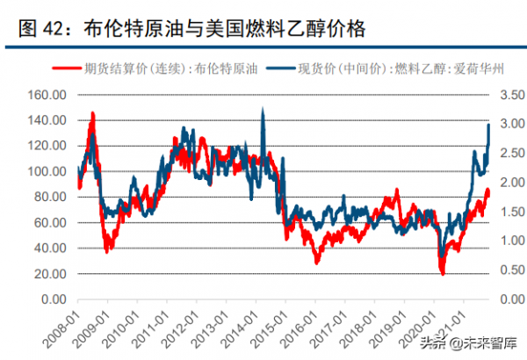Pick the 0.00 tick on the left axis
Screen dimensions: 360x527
point(47,299)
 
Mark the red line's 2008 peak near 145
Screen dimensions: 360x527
point(92,114)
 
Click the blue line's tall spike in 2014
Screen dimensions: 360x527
point(263,110)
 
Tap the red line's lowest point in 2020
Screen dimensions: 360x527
point(443,273)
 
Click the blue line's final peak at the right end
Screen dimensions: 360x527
point(488,126)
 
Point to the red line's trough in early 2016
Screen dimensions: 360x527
point(317,262)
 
